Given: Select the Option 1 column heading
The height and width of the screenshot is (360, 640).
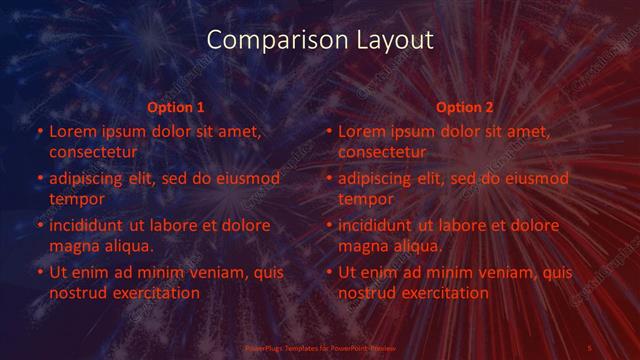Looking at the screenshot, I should point(176,107).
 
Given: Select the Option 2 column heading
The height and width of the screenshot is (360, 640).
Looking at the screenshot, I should point(465,107).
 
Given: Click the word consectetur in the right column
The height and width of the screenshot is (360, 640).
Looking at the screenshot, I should point(382,152).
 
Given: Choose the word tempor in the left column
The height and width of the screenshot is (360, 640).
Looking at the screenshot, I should point(74,199).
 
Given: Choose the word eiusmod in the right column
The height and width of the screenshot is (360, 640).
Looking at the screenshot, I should point(534,179).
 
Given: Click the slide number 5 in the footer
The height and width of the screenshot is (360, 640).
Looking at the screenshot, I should point(590,348).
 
